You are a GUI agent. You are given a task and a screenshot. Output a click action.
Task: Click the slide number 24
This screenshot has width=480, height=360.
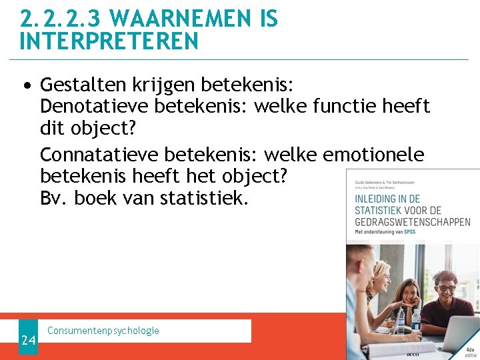click(28, 341)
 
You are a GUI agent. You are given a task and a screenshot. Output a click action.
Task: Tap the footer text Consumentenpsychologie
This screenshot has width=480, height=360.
click(103, 331)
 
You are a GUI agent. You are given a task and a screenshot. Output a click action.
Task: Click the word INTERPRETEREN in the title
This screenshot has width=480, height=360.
click(109, 41)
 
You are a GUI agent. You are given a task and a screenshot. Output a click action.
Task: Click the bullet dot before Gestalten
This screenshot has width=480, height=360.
click(26, 86)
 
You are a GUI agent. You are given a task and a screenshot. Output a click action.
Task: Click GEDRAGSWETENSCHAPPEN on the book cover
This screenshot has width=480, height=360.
click(412, 222)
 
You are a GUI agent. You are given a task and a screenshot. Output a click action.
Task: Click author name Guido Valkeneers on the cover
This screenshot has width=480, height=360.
click(369, 180)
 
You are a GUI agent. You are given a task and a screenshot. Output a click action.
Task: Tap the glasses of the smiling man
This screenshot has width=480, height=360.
click(446, 288)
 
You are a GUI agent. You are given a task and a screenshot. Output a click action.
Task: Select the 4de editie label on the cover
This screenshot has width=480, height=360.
click(471, 352)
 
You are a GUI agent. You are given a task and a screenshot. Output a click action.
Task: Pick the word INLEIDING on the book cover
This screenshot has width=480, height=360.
click(377, 199)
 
